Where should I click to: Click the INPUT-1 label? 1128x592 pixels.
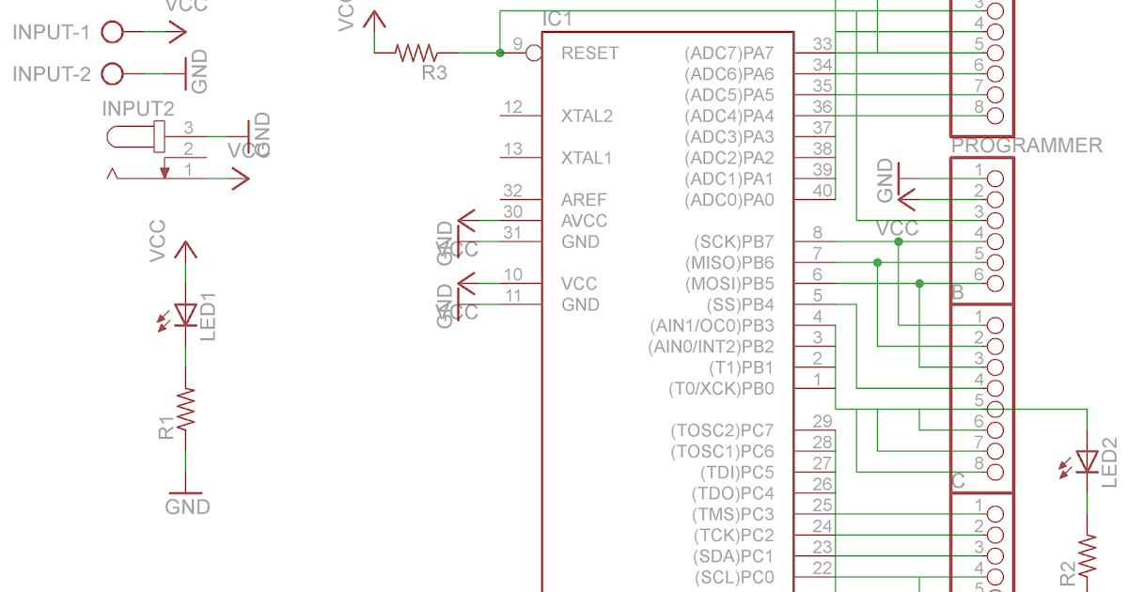click(x=51, y=32)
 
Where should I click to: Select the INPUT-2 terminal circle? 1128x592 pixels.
click(x=112, y=73)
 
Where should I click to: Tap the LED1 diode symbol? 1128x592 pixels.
click(x=186, y=314)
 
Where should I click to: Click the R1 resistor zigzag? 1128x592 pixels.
click(x=186, y=410)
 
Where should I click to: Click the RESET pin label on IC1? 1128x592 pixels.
click(x=589, y=54)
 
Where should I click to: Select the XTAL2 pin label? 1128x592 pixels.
click(x=587, y=117)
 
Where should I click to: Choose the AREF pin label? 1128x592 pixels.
click(x=584, y=200)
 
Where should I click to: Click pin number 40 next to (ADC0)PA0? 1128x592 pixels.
click(x=822, y=192)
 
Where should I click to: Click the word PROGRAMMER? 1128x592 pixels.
click(x=1026, y=146)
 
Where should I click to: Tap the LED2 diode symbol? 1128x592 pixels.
click(x=1088, y=461)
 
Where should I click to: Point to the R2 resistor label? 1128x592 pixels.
click(x=1067, y=572)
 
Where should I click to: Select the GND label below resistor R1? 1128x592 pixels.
click(x=187, y=507)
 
